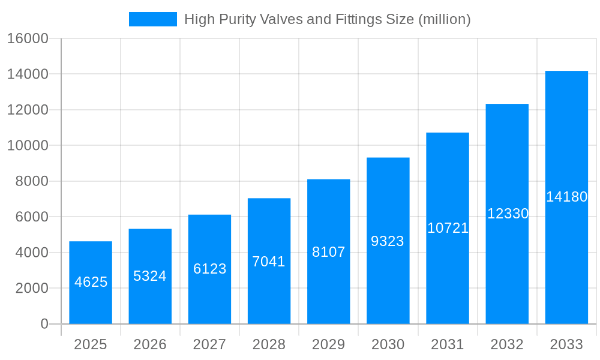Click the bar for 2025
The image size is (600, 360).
pos(91,300)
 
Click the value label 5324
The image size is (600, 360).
pos(150,276)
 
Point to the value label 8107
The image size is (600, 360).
pos(329,252)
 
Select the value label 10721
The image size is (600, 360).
pos(448,228)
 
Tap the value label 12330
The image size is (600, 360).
pos(508,214)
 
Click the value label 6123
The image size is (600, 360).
pos(209,269)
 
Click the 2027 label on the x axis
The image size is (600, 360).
pos(209,344)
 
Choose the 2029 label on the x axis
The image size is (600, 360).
pos(329,344)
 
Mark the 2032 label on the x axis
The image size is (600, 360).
pos(507,344)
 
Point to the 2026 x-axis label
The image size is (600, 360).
pos(150,344)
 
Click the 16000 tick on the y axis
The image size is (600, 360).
pos(27,38)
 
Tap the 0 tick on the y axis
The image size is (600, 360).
pos(44,324)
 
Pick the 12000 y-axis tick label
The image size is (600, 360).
pos(27,110)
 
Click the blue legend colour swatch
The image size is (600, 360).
pos(153,19)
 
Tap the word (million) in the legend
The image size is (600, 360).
pos(444,19)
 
